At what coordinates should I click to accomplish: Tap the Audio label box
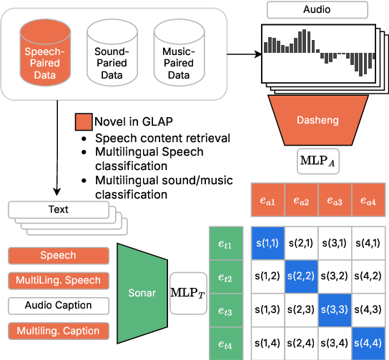[317, 10]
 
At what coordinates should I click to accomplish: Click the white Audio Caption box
[58, 305]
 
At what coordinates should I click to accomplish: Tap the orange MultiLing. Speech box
[58, 280]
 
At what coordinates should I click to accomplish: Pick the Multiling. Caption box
[58, 330]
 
